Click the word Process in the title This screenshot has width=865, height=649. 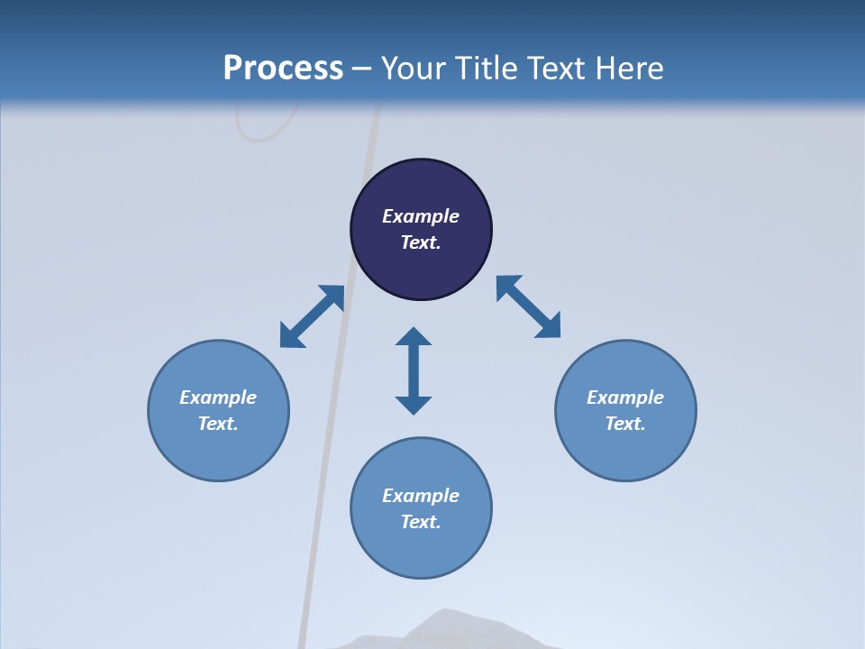click(283, 69)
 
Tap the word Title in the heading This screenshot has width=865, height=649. click(486, 69)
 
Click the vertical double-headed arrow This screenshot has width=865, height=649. click(414, 370)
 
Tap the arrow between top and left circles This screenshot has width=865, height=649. click(312, 316)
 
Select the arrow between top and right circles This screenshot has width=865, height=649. click(529, 306)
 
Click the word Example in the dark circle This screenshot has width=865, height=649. click(421, 216)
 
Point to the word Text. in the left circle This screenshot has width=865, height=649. click(218, 424)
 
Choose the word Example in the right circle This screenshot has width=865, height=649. click(625, 398)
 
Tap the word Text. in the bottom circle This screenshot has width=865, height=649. click(421, 522)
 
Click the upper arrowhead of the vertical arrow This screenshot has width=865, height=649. click(414, 336)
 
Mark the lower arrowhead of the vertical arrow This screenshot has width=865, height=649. click(414, 405)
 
